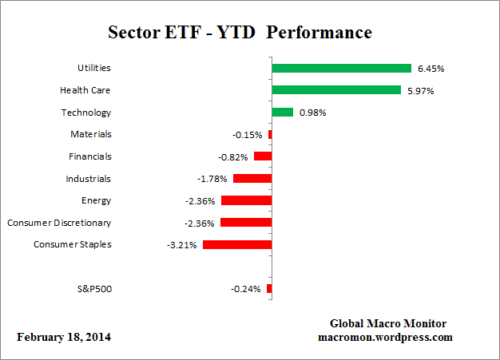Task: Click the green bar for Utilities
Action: pos(341,69)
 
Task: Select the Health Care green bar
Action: pos(336,90)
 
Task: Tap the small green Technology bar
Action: pos(283,113)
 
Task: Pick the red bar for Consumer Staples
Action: pos(237,244)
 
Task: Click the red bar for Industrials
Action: pos(252,179)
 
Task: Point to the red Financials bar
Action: pos(263,156)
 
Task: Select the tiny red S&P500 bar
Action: pos(269,288)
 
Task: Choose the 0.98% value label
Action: pos(312,113)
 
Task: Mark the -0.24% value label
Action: pos(246,289)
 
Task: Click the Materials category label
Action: pos(90,134)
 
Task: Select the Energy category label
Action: pos(96,200)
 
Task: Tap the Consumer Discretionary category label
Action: pos(59,222)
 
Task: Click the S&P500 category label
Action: pos(94,288)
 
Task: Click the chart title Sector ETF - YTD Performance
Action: pos(240,34)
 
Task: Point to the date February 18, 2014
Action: pos(64,337)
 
